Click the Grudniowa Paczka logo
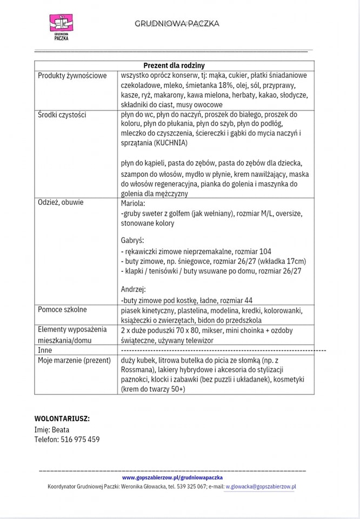(61, 26)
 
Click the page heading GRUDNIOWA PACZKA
(177, 23)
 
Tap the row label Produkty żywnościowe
(72, 76)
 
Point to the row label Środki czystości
(62, 115)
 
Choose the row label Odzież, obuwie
(61, 202)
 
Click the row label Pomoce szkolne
(62, 310)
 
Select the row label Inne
(45, 350)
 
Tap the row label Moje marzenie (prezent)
(74, 360)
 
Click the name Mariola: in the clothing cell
(134, 204)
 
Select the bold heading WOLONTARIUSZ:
(62, 418)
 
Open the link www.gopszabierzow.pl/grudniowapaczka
(172, 478)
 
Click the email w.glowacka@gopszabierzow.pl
(261, 487)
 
